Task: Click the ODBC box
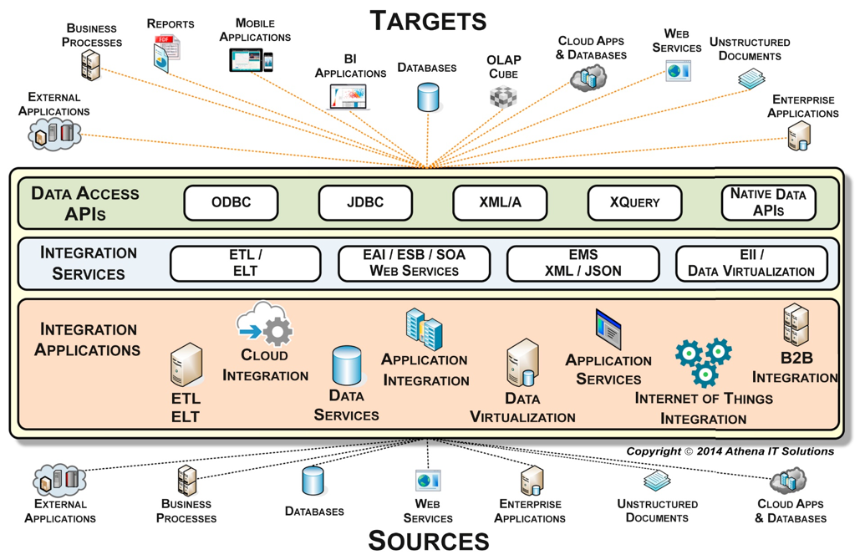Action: point(231,203)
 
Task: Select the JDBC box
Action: point(365,203)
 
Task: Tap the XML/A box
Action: point(500,203)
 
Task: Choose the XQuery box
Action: point(634,203)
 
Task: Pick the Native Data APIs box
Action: point(768,203)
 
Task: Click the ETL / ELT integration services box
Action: point(245,263)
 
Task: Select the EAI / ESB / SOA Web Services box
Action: point(414,263)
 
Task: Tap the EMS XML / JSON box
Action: point(583,263)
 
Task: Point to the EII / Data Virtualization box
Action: point(751,263)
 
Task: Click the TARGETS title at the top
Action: point(428,20)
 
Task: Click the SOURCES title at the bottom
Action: point(428,540)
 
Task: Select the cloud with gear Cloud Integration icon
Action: point(265,324)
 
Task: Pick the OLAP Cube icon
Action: point(503,97)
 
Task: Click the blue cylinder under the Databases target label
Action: point(428,97)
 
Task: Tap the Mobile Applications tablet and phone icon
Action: point(251,60)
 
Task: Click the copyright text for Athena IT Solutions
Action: point(730,451)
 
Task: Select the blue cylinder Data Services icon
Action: point(347,366)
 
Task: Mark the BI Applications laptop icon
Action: point(349,97)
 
